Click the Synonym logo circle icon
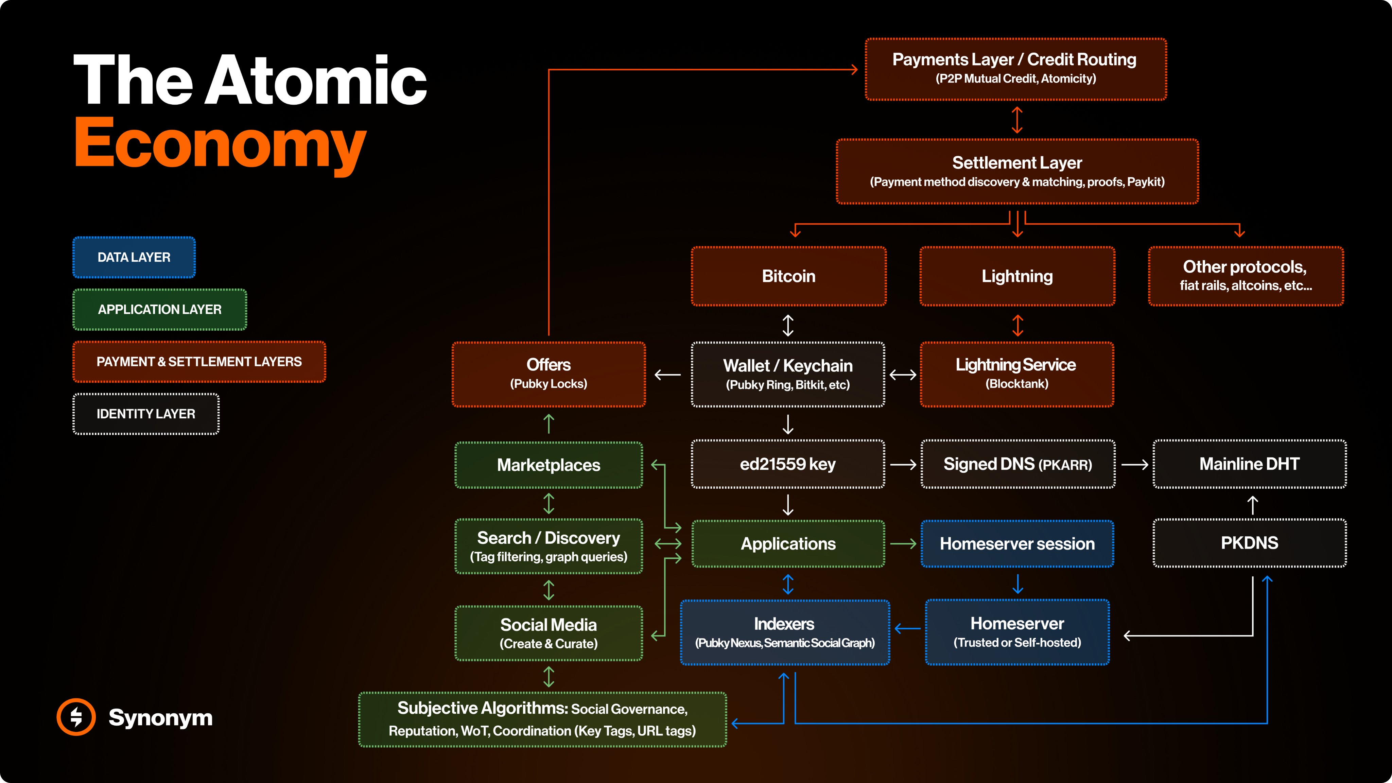pos(76,717)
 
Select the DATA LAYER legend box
pos(134,257)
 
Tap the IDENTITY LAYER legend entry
pos(146,414)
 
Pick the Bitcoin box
pos(788,276)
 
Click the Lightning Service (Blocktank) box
pos(1016,374)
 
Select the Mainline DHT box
pos(1249,464)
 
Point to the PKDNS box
pos(1249,543)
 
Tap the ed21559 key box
pos(788,464)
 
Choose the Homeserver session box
pos(1017,544)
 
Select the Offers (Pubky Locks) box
pos(549,374)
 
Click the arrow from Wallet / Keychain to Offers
pos(668,375)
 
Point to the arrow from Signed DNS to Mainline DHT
pos(1134,464)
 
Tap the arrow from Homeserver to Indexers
pos(908,628)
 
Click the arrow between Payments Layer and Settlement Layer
pos(1017,120)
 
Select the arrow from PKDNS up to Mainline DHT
pos(1253,505)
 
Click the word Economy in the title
pos(221,143)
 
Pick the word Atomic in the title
pos(316,81)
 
